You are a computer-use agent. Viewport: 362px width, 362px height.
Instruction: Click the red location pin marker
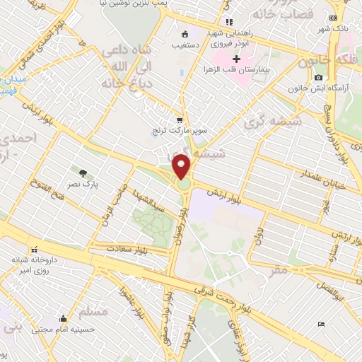(182, 167)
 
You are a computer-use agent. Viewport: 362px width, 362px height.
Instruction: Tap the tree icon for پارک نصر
(83, 173)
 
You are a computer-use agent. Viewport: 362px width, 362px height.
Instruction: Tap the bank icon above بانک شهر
(334, 20)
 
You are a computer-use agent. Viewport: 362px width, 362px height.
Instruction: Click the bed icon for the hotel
(322, 324)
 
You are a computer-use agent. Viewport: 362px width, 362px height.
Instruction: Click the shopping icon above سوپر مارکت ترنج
(180, 119)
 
